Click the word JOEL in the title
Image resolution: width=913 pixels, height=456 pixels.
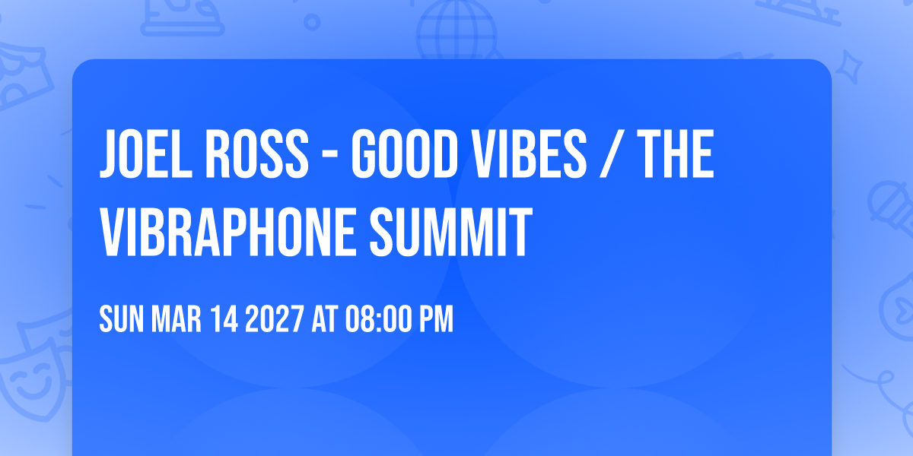point(146,154)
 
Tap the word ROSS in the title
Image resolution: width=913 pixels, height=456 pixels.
point(257,154)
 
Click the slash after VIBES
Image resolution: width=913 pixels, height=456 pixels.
point(612,154)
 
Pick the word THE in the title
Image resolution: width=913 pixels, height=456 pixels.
point(676,154)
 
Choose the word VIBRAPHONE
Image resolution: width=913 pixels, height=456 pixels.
point(229,232)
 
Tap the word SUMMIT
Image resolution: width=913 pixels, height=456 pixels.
point(451,232)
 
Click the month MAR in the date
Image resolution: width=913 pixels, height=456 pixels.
point(176,318)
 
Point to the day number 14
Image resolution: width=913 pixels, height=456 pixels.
point(224,318)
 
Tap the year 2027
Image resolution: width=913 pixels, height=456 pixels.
point(275,318)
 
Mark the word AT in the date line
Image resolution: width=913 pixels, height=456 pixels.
point(324,318)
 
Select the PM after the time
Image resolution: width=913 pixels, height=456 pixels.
point(437,318)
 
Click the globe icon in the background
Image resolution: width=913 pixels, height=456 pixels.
point(457,30)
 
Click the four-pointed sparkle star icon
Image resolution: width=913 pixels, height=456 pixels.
point(849,67)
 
